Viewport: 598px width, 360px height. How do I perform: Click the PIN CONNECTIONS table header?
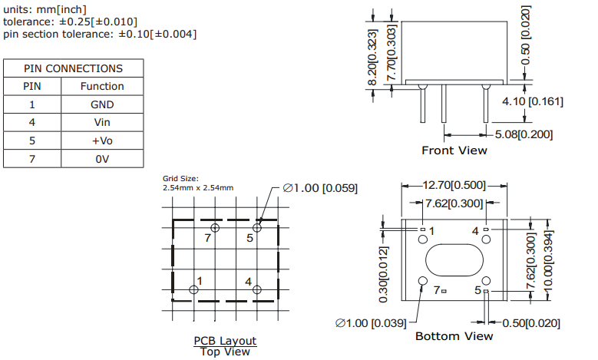click(x=73, y=68)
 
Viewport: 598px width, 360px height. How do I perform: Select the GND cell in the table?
click(x=102, y=104)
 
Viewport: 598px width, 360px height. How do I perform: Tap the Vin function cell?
click(x=102, y=123)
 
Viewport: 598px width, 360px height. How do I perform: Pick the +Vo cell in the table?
click(x=102, y=141)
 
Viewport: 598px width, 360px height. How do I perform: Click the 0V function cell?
click(x=102, y=160)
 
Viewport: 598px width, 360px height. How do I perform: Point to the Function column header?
click(x=102, y=86)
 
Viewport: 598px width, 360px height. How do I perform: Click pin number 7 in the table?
click(x=32, y=160)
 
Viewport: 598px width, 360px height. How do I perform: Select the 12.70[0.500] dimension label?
click(x=454, y=185)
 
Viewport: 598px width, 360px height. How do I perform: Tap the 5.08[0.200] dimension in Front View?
click(x=524, y=134)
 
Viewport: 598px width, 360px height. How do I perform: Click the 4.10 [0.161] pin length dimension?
click(x=533, y=101)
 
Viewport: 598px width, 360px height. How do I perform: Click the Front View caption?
click(x=454, y=150)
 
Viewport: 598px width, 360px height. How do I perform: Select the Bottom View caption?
click(x=454, y=336)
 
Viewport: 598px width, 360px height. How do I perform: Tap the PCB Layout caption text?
click(x=225, y=341)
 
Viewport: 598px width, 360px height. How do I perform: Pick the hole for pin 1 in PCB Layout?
click(x=193, y=289)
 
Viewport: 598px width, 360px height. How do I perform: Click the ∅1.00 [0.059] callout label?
click(x=319, y=188)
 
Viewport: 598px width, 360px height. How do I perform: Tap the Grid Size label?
click(x=180, y=179)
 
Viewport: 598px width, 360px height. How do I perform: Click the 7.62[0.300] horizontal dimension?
click(x=454, y=203)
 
